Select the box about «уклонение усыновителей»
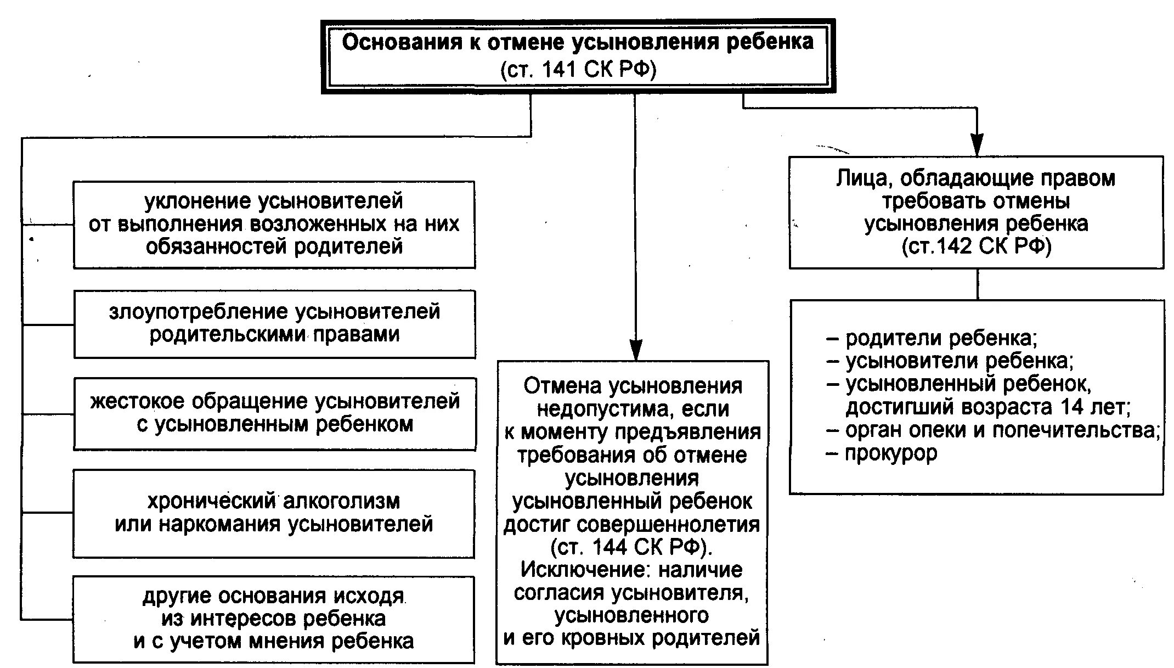[274, 224]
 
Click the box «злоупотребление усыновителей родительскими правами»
[274, 323]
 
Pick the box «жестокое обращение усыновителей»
[274, 413]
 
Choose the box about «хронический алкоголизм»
[274, 513]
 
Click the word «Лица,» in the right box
[865, 179]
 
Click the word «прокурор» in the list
[891, 453]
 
